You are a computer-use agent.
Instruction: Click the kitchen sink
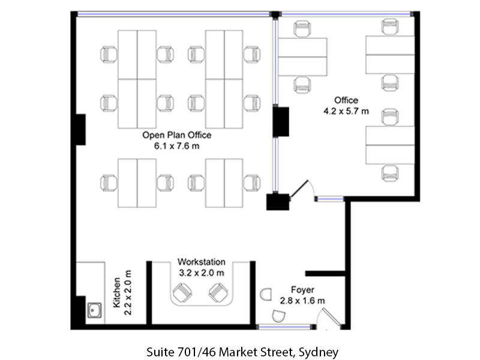pos(95,310)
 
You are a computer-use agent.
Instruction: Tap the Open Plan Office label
pos(176,135)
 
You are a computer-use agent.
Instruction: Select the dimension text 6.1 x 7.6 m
pos(176,146)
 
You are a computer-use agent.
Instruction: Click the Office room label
pos(346,100)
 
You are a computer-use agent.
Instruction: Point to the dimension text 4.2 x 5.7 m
pos(346,111)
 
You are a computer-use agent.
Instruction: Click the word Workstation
pos(202,262)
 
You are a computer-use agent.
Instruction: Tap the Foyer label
pos(302,290)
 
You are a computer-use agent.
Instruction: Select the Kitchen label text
pos(116,292)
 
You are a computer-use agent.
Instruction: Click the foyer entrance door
pos(331,317)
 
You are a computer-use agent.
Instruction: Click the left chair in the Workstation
pos(182,293)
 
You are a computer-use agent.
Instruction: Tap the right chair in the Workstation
pos(218,293)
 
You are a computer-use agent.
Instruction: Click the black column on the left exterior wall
pos(81,130)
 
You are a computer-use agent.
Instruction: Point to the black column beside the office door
pos(278,202)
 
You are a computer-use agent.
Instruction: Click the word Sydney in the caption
pos(319,352)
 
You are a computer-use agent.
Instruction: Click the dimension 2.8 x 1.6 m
pos(302,301)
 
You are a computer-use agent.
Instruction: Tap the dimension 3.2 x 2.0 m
pos(202,273)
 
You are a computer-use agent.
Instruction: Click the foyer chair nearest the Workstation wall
pos(266,295)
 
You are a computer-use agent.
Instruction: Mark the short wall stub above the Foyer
pos(325,274)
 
